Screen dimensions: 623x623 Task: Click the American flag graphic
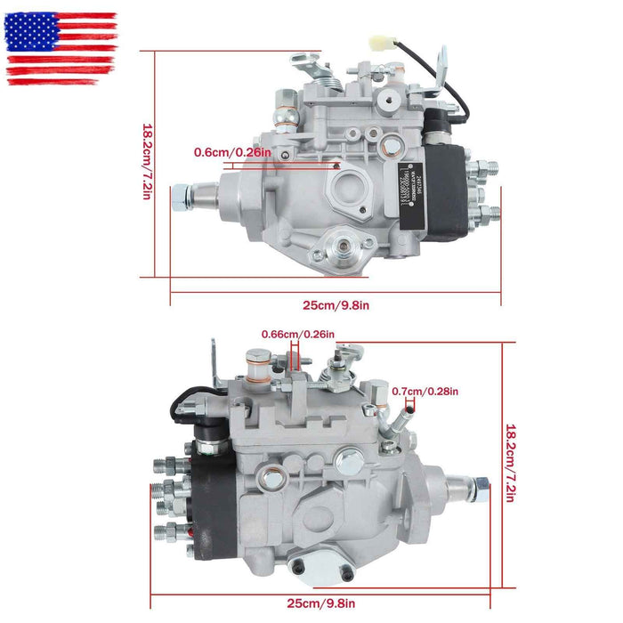(x=61, y=48)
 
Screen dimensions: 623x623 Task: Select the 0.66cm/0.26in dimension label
(x=298, y=335)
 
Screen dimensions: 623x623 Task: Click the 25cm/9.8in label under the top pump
(x=336, y=305)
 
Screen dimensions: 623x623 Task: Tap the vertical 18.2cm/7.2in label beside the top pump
(x=148, y=162)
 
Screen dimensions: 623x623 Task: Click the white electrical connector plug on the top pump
(x=389, y=43)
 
